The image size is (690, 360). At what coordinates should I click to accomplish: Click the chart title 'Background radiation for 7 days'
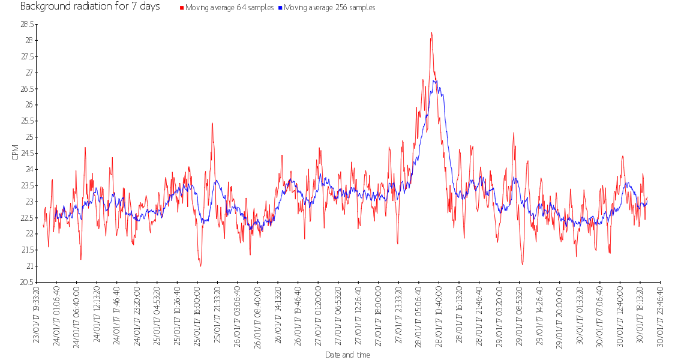pos(90,7)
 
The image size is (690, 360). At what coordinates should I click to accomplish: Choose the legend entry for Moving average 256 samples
pos(329,8)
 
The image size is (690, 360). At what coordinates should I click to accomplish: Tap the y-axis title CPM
pos(15,153)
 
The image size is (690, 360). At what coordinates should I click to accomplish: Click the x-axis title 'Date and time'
pos(347,355)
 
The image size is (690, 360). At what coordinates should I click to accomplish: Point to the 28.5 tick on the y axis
pos(27,25)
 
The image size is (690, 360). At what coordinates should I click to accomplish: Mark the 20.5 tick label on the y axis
pos(27,282)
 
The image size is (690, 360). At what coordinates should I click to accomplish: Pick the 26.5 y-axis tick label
pos(27,89)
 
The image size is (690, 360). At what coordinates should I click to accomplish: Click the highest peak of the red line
pos(431,33)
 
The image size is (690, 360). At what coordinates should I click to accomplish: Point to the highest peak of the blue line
pos(435,80)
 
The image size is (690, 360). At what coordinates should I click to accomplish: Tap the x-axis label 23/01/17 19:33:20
pos(37,315)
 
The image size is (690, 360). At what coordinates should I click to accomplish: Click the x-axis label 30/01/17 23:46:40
pos(660,315)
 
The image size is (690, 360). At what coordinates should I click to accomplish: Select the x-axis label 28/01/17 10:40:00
pos(439,315)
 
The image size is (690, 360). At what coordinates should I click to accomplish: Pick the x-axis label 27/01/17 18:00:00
pos(379,315)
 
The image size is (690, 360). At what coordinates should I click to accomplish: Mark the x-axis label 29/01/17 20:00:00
pos(559,315)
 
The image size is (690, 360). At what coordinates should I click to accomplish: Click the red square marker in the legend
pos(182,8)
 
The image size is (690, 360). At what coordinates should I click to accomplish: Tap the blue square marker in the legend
pos(280,8)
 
